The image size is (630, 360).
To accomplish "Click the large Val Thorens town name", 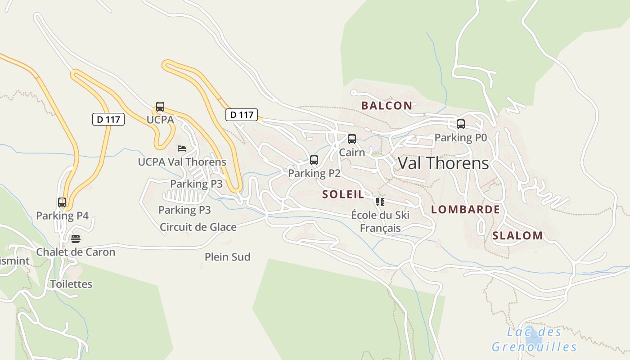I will click(x=443, y=163).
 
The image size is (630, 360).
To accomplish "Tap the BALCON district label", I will click(x=387, y=106).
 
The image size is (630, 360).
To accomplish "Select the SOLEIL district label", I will click(x=343, y=194).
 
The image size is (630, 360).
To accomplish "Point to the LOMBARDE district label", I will click(x=465, y=209).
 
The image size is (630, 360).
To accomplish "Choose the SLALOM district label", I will click(x=517, y=235).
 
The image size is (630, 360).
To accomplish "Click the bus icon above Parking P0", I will click(x=460, y=124).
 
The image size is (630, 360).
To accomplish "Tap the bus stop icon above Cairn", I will click(x=352, y=139).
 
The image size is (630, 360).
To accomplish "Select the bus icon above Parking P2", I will click(x=314, y=160).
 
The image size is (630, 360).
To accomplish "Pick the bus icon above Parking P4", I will click(x=62, y=202).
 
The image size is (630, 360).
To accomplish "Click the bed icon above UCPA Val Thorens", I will click(x=182, y=148).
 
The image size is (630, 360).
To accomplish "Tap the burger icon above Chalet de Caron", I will click(x=76, y=238).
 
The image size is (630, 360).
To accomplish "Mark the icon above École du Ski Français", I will click(x=380, y=202).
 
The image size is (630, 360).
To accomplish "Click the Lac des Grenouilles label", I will click(x=534, y=340).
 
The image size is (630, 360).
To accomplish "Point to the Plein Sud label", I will click(x=227, y=257).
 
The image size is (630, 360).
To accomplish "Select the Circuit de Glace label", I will click(x=198, y=227).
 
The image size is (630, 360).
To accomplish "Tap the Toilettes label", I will click(x=71, y=284).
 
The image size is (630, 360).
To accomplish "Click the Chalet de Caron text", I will click(x=76, y=252).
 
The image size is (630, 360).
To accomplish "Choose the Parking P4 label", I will click(x=62, y=216).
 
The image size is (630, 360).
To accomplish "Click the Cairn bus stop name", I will click(x=352, y=152).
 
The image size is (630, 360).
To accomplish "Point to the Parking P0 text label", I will click(x=460, y=138).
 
